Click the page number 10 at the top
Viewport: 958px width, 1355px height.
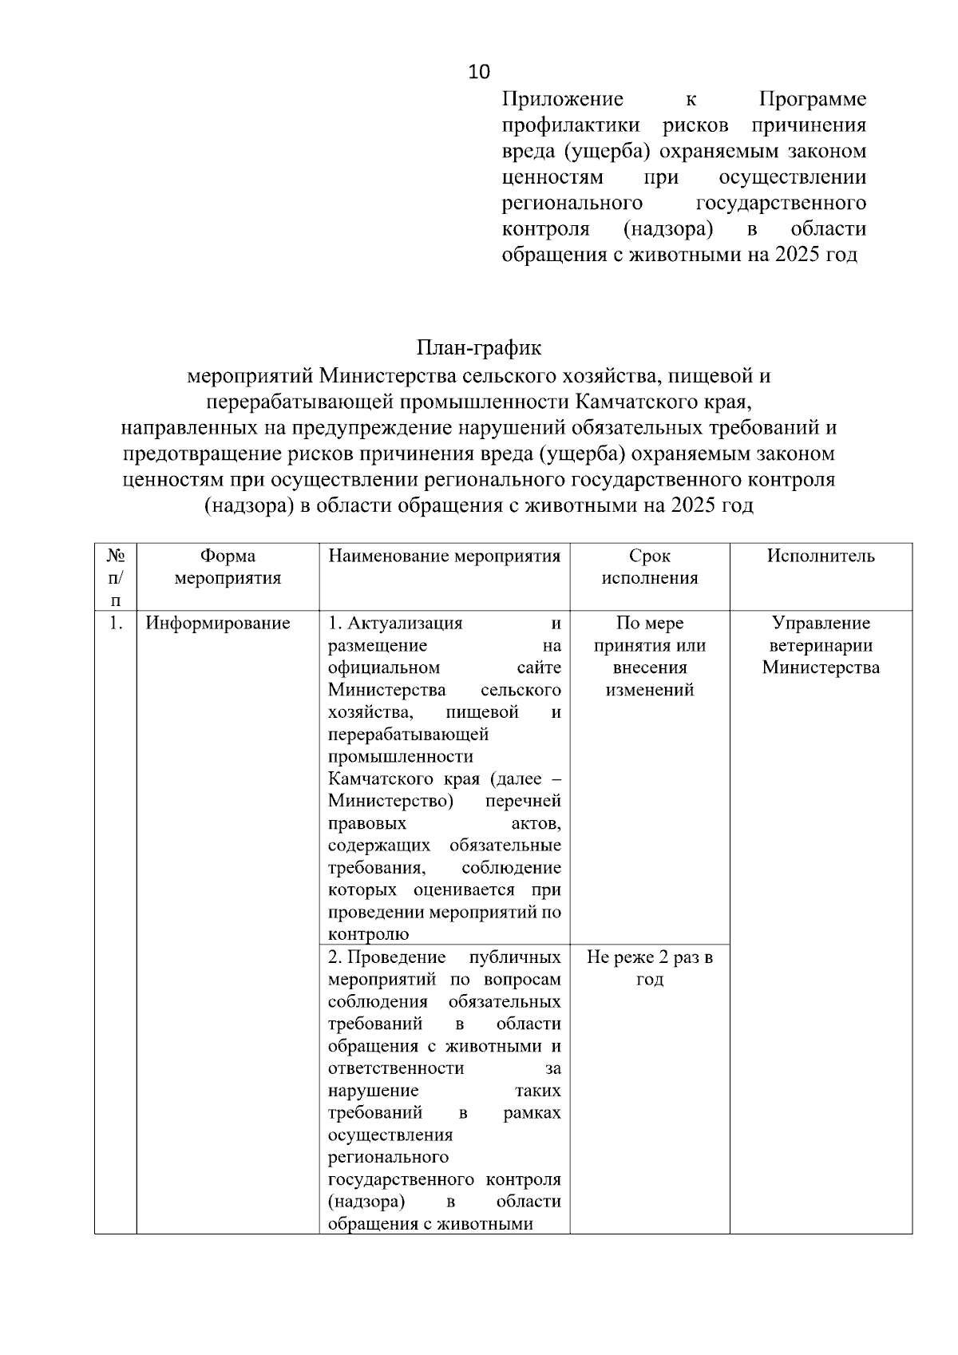[479, 72]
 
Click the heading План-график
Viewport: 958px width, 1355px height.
[478, 348]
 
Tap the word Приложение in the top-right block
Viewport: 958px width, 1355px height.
[562, 99]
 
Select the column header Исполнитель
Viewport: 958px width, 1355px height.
[821, 556]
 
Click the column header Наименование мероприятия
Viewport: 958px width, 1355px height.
[444, 556]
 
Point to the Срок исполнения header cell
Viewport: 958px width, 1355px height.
[650, 567]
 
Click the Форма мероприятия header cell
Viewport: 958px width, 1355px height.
[228, 567]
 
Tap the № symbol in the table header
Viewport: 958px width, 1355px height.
[116, 555]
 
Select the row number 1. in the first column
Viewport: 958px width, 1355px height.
[116, 623]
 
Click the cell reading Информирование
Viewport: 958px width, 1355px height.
[217, 623]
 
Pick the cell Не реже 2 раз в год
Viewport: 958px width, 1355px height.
[650, 968]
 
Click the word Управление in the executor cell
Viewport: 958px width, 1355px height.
[821, 623]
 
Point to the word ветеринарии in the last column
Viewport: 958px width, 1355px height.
[821, 645]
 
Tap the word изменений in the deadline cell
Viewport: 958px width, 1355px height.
[650, 690]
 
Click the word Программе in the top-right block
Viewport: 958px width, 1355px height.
[812, 99]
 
